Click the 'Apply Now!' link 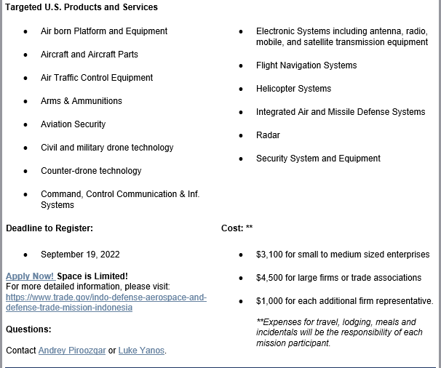(x=29, y=276)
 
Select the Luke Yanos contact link (x=141, y=351)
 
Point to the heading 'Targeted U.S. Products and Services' (x=82, y=7)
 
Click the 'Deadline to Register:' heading (x=49, y=228)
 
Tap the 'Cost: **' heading (x=237, y=228)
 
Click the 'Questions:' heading (x=28, y=329)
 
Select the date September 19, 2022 (x=80, y=255)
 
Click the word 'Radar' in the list (x=268, y=135)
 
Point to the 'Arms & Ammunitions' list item (x=82, y=101)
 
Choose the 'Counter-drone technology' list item (x=91, y=171)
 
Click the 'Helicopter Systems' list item (x=293, y=89)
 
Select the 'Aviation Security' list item (x=73, y=124)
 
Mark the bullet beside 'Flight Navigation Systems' (x=242, y=65)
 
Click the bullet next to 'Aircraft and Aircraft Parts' (x=26, y=55)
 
